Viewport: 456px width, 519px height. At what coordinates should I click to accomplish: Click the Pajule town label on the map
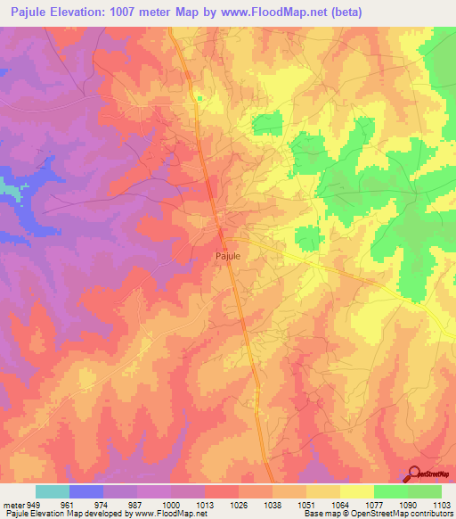coord(228,254)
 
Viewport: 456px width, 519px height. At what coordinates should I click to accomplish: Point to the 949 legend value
coord(34,504)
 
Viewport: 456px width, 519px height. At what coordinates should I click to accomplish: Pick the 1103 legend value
coord(442,504)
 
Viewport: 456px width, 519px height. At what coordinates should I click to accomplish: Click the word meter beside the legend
coord(13,504)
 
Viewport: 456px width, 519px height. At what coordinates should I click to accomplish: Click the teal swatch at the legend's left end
coord(53,491)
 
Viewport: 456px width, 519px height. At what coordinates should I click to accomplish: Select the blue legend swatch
coord(86,491)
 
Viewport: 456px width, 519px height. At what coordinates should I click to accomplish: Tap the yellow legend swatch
coord(357,491)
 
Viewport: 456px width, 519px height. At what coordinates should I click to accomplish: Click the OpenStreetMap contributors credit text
coord(398,514)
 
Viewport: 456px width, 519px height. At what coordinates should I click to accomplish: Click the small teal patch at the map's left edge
coord(8,190)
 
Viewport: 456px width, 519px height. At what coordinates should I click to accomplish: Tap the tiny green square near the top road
coord(200,98)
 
